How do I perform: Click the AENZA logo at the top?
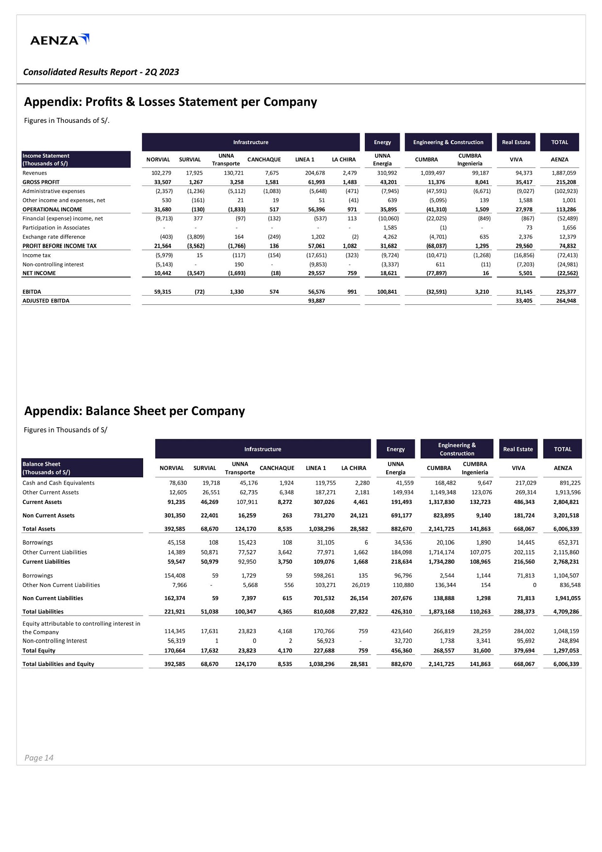(x=59, y=40)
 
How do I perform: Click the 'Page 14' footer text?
(x=39, y=758)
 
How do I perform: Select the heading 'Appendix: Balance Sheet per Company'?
(x=134, y=411)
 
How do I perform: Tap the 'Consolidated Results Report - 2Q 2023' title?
(x=101, y=72)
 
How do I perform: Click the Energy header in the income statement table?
(x=382, y=142)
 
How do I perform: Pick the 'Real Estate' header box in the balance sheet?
(x=518, y=449)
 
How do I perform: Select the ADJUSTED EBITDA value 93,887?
(x=316, y=301)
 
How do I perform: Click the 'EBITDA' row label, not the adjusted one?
(x=32, y=292)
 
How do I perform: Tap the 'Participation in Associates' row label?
(x=56, y=228)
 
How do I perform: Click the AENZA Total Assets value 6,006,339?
(x=566, y=529)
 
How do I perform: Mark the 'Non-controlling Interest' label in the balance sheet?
(x=55, y=641)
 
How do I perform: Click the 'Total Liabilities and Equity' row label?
(x=58, y=664)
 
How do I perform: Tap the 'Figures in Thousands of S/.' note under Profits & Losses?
(x=66, y=120)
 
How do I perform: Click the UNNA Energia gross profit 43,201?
(x=389, y=182)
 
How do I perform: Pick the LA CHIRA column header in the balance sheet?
(x=354, y=468)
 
